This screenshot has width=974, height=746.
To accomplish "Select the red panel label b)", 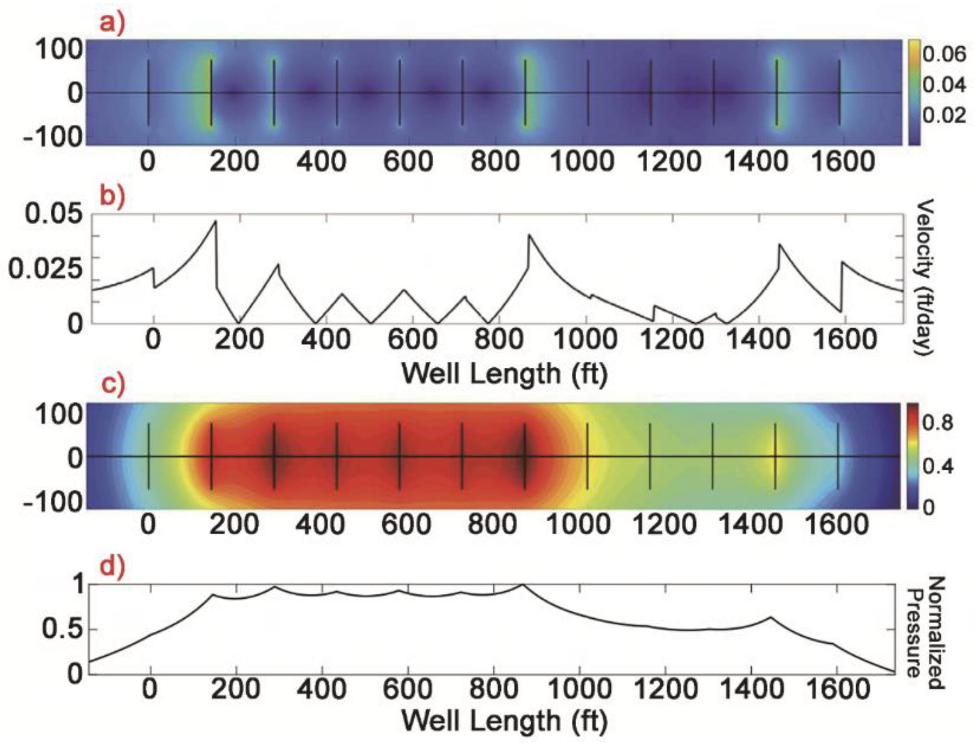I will coord(112,196).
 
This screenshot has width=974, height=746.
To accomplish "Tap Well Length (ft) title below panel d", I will coord(504,720).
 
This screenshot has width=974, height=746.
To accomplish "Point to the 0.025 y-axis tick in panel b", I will coord(46,268).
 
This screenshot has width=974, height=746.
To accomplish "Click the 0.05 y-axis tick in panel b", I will coord(54,213).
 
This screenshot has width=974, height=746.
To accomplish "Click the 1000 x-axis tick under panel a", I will coord(582,161).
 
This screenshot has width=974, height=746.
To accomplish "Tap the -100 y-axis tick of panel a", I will coord(53,137).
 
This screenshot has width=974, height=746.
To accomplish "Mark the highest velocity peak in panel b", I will coord(216,221).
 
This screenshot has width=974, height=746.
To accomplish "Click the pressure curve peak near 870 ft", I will coord(523,585).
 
